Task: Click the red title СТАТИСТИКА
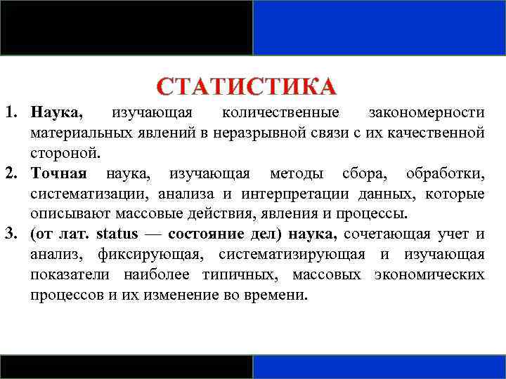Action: point(247,87)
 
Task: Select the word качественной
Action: point(436,133)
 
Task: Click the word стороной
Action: point(65,153)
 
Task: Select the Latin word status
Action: point(117,234)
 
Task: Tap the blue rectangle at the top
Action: point(379,27)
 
